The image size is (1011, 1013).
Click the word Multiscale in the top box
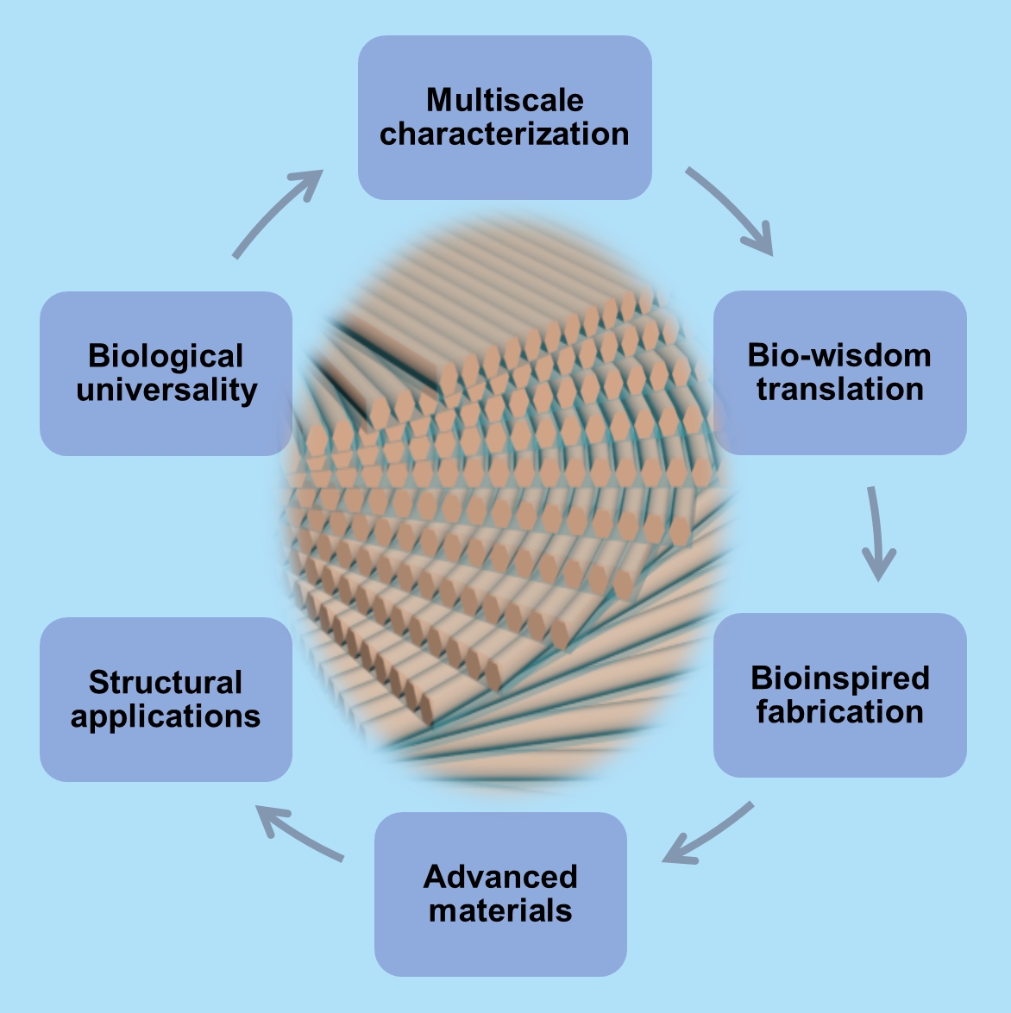[x=505, y=101]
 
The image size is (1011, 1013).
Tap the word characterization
[x=505, y=134]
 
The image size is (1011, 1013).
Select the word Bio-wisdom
[x=839, y=355]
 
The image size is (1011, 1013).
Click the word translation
[x=839, y=389]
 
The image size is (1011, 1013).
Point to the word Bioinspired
[x=840, y=678]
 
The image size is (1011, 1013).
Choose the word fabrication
[x=840, y=712]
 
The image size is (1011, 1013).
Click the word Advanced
[x=500, y=877]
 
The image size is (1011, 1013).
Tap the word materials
[x=500, y=910]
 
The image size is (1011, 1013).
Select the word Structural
[x=166, y=683]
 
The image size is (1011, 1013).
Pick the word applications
[x=166, y=716]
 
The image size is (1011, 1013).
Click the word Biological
[x=166, y=356]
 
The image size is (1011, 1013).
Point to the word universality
[x=166, y=390]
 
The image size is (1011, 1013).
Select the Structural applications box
[x=166, y=750]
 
